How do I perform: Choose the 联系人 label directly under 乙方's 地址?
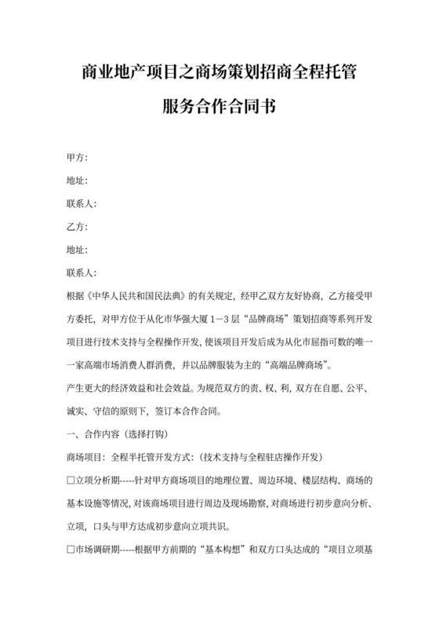(82, 273)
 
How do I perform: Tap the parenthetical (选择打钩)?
(157, 434)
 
